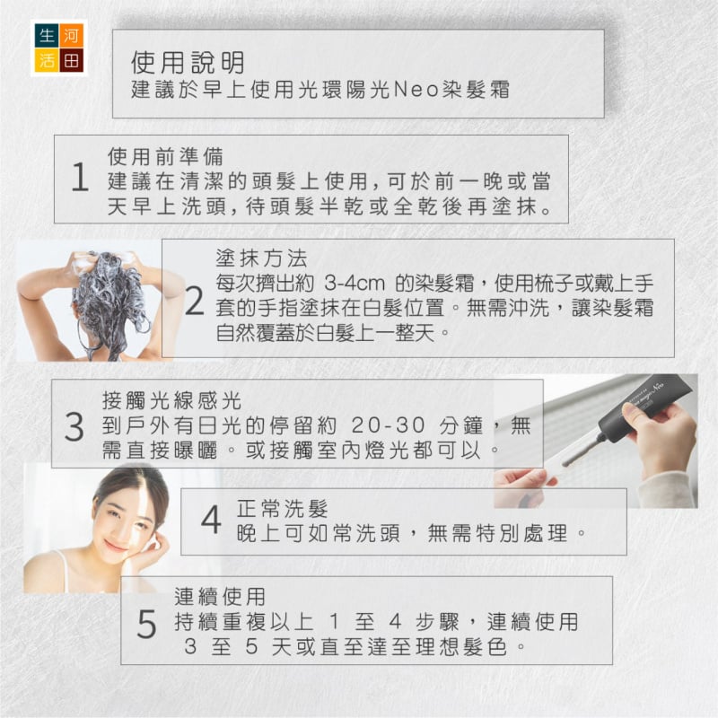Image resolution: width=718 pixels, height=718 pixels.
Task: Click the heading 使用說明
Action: (188, 62)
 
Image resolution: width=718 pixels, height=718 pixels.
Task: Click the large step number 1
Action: (80, 177)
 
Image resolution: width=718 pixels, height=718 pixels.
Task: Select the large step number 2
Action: (195, 301)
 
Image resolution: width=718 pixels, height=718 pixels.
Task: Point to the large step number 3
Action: (74, 427)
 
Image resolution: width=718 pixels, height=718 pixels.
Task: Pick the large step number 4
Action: (211, 520)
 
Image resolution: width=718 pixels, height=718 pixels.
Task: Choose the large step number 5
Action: (146, 624)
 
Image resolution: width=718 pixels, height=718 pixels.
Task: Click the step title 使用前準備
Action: (166, 156)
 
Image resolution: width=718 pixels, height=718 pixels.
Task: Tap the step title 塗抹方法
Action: (261, 258)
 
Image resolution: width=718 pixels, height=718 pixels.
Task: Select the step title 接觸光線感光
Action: (171, 400)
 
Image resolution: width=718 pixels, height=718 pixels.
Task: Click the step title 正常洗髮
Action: (283, 508)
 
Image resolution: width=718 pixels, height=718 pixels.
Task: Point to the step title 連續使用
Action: (220, 597)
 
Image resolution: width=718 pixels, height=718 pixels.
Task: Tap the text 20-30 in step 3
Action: (388, 425)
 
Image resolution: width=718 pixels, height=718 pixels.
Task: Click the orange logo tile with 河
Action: (72, 35)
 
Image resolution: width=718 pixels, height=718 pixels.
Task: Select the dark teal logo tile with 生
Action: (47, 35)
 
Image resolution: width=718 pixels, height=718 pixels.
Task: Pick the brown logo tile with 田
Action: (72, 60)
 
